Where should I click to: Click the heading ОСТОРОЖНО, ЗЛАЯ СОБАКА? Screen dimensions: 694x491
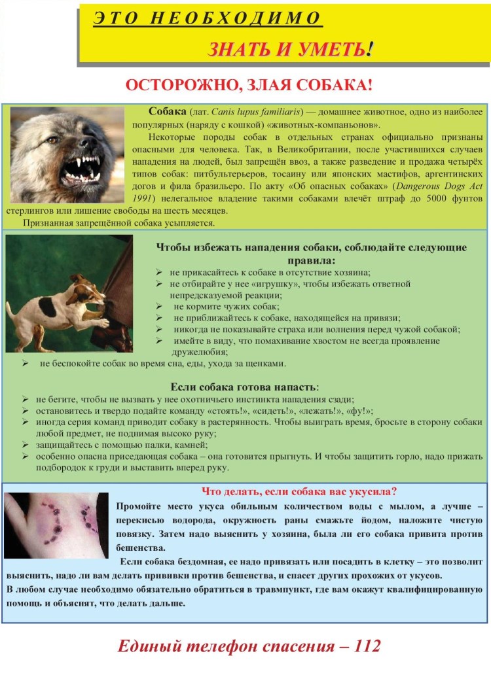(x=249, y=86)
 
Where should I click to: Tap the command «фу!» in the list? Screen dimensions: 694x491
(x=359, y=411)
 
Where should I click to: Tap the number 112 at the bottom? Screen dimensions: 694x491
(x=367, y=647)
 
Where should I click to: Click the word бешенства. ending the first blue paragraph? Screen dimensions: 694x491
(x=137, y=547)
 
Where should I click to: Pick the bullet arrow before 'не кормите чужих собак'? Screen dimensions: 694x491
(x=159, y=307)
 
